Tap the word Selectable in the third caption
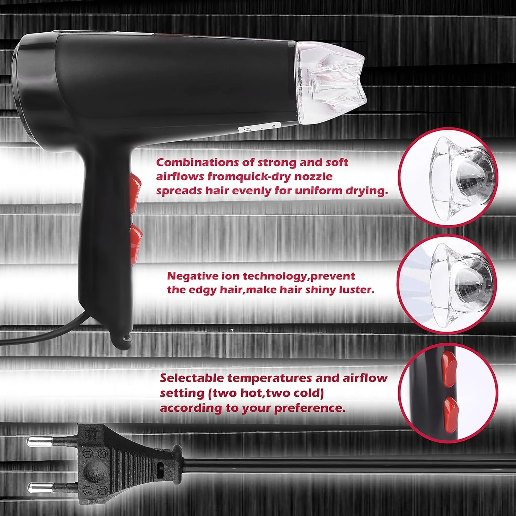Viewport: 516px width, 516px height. [x=192, y=378]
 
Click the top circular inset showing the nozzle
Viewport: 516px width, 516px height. [x=448, y=178]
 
